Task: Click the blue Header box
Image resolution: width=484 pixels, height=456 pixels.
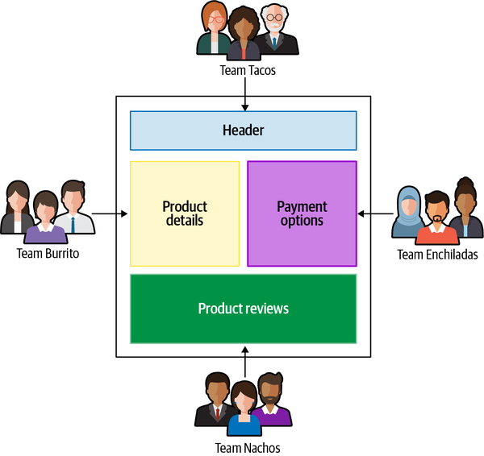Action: pyautogui.click(x=243, y=131)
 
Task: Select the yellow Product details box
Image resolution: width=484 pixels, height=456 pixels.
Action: pyautogui.click(x=185, y=213)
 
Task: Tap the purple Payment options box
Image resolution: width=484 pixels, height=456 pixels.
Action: pyautogui.click(x=302, y=213)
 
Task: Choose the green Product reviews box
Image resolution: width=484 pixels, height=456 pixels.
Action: pyautogui.click(x=243, y=309)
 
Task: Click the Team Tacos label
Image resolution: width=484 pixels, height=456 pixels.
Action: pyautogui.click(x=248, y=70)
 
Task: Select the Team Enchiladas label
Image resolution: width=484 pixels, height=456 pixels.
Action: pyautogui.click(x=437, y=255)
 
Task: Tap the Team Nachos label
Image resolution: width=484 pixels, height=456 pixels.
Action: pyautogui.click(x=248, y=447)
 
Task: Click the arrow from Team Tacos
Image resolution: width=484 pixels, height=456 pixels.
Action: pyautogui.click(x=244, y=93)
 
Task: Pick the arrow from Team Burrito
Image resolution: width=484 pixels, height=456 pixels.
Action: pyautogui.click(x=110, y=213)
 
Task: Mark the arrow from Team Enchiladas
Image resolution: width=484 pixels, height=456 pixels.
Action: pyautogui.click(x=375, y=213)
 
